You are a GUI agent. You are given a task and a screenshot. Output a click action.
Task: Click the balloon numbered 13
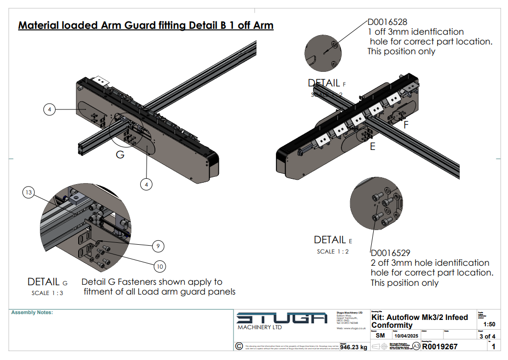28,193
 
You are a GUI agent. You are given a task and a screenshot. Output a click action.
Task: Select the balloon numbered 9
158,246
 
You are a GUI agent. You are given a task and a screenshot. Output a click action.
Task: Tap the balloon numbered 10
160,266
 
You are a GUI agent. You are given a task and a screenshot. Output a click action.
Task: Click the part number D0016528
387,22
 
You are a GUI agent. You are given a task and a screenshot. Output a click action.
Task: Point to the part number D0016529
391,253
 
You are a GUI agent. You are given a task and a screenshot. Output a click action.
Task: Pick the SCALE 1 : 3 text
47,293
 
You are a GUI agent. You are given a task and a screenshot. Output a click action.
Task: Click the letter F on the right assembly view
406,125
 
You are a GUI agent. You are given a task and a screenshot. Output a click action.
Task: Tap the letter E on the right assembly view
373,146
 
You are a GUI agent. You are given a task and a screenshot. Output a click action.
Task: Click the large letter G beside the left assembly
120,155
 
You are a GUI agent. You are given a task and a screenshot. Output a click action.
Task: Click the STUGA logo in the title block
282,318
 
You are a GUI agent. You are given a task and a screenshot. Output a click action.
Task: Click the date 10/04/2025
406,336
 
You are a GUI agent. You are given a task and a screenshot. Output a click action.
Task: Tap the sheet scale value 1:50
488,324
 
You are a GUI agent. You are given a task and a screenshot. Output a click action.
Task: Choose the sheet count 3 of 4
487,336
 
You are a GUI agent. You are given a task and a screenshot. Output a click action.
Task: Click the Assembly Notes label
32,313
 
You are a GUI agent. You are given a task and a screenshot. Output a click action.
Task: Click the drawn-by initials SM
380,336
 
